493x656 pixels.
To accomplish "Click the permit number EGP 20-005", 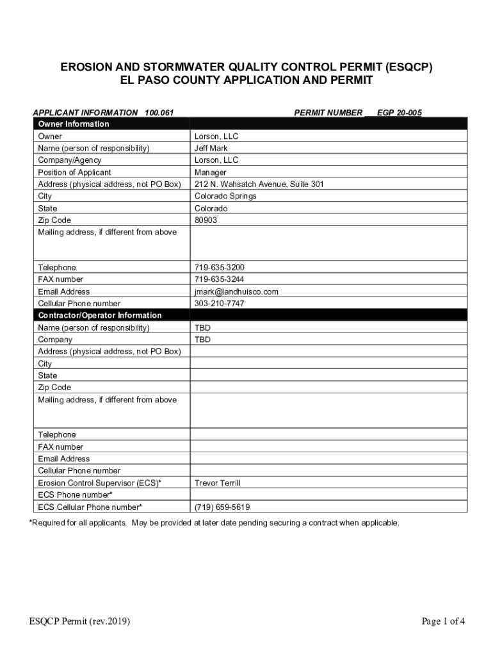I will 399,112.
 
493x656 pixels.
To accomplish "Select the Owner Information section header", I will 74,124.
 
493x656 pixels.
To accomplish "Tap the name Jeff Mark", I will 211,148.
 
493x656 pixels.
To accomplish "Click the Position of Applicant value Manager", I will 210,172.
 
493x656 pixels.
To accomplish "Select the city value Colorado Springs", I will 225,196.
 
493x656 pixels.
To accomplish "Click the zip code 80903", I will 206,220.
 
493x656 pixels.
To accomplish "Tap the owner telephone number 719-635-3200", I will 219,267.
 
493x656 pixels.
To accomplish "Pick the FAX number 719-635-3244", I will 219,279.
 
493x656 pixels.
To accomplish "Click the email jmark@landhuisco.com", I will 236,291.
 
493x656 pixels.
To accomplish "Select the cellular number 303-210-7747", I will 219,303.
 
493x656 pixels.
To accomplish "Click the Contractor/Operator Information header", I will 100,315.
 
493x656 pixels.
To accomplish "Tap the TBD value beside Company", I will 202,340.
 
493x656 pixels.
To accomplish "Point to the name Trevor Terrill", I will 217,483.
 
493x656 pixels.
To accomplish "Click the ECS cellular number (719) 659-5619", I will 222,507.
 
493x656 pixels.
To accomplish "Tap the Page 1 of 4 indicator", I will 443,620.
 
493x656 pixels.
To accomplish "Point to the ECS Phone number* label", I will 76,495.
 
